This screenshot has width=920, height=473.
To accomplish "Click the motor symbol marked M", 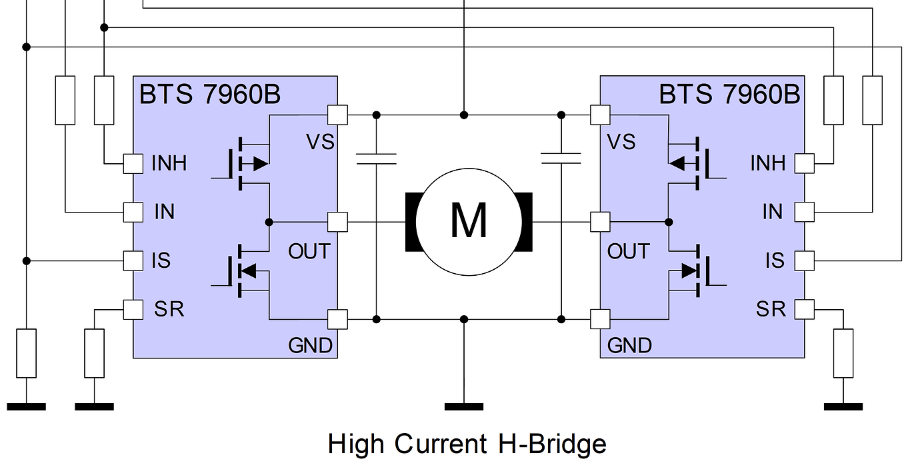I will [468, 221].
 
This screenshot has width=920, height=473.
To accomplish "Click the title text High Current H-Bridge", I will [467, 444].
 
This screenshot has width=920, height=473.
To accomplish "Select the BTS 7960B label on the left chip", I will [209, 95].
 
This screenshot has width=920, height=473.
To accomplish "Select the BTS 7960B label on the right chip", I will [729, 95].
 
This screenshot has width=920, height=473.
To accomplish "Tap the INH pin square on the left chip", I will [133, 163].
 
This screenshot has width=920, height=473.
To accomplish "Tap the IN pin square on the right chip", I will [805, 212].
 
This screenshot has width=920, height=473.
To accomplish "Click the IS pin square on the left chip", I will [133, 260].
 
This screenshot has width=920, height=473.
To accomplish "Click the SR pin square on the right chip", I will [805, 309].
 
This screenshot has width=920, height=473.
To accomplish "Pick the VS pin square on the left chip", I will [337, 115].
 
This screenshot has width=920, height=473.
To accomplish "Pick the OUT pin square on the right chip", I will [600, 221].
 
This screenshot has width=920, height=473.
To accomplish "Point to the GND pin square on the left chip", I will [337, 319].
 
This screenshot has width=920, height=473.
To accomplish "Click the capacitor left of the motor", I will [376, 159].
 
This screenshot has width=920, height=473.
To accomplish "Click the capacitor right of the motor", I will [561, 159].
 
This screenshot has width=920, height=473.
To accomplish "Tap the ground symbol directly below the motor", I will [464, 406].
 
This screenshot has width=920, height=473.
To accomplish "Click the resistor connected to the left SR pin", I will [95, 353].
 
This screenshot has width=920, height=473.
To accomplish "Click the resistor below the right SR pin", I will [843, 353].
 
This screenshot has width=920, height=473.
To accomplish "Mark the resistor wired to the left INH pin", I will [104, 100].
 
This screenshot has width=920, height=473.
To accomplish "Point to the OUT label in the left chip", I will [309, 252].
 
